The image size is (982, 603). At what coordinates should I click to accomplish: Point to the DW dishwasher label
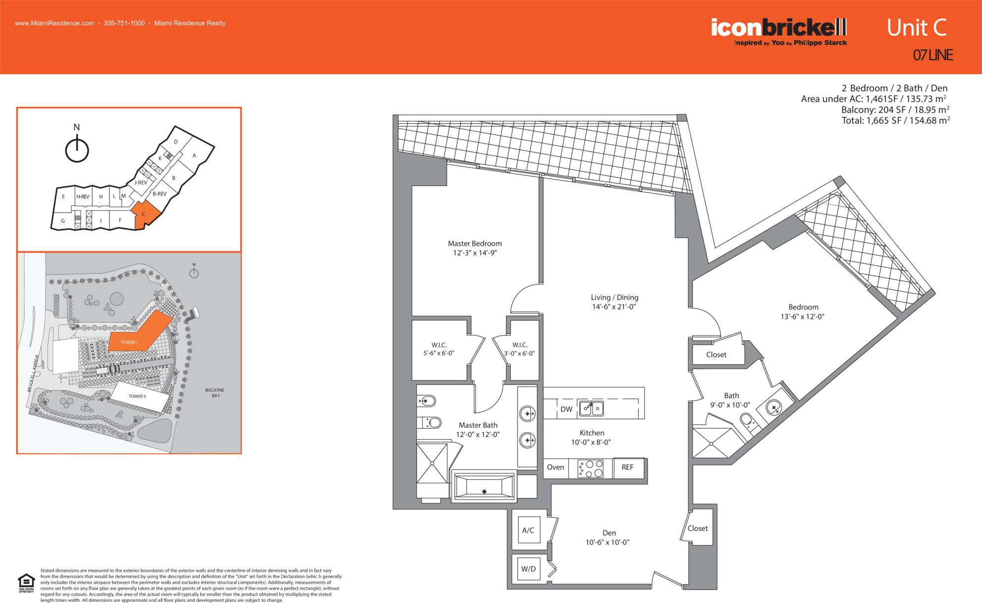pyautogui.click(x=566, y=409)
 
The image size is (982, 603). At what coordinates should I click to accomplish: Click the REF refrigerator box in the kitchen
pyautogui.click(x=628, y=468)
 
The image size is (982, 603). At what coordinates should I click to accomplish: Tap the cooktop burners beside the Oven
pyautogui.click(x=591, y=468)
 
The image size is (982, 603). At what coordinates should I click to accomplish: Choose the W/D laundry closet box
pyautogui.click(x=529, y=569)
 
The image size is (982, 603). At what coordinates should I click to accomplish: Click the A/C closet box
pyautogui.click(x=529, y=530)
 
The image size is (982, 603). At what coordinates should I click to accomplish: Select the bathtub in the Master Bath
pyautogui.click(x=484, y=486)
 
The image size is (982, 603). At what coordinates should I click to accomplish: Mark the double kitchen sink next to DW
pyautogui.click(x=592, y=408)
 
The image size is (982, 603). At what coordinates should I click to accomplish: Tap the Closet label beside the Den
pyautogui.click(x=698, y=529)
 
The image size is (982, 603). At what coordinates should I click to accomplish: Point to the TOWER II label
pyautogui.click(x=137, y=397)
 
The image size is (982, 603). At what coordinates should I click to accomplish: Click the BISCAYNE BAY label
pyautogui.click(x=215, y=393)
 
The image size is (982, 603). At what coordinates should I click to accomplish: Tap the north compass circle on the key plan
pyautogui.click(x=77, y=151)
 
